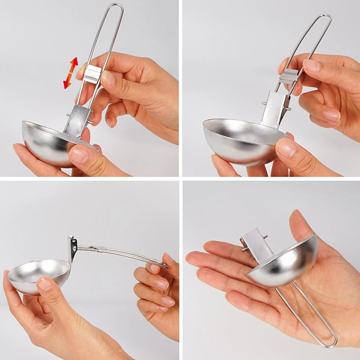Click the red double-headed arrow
point(70,72)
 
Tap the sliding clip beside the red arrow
point(93,73)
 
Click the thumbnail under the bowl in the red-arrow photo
point(79,155)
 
